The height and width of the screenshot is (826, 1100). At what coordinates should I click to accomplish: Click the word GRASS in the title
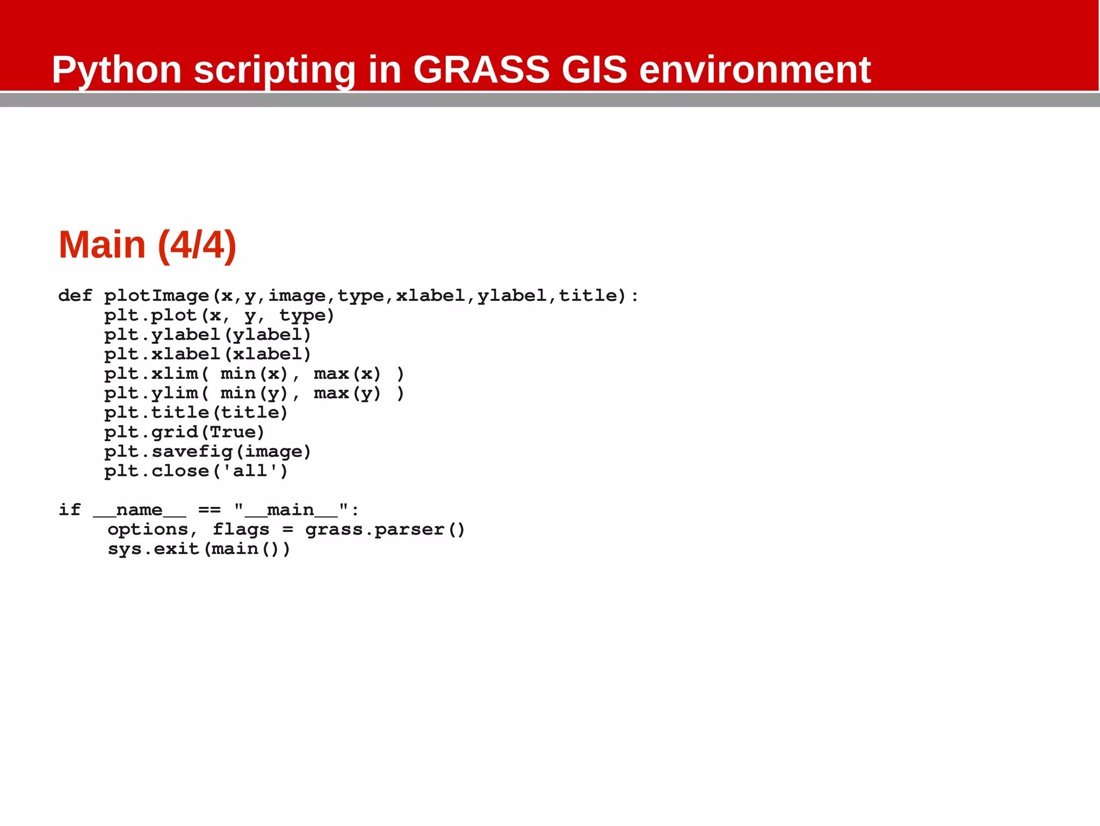481,70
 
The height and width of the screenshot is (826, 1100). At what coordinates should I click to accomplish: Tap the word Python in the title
117,70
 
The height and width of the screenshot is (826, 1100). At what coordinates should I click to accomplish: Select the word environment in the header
755,70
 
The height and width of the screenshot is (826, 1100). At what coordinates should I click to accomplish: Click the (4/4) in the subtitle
197,245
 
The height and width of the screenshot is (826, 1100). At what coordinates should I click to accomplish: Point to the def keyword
75,296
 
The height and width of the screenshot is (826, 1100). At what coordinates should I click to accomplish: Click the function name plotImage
156,296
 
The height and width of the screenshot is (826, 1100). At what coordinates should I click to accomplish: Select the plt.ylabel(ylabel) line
207,335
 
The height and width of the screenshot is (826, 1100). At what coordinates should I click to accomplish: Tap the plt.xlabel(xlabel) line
207,354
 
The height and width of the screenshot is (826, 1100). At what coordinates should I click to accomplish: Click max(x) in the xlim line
347,374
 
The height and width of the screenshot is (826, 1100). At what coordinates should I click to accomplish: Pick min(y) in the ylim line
254,393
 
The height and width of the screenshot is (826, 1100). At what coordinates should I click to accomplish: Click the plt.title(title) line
196,413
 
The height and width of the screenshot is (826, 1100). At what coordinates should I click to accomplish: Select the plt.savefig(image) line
207,451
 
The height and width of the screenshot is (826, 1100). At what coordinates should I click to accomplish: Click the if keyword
69,509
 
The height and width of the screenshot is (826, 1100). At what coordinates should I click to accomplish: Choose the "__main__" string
291,509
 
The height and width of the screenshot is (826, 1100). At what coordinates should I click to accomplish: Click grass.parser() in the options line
385,529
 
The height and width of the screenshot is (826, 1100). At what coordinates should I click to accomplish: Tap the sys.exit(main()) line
199,549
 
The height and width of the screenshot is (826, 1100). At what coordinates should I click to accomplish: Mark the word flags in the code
241,529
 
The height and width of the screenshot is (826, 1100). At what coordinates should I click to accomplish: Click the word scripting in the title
274,70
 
